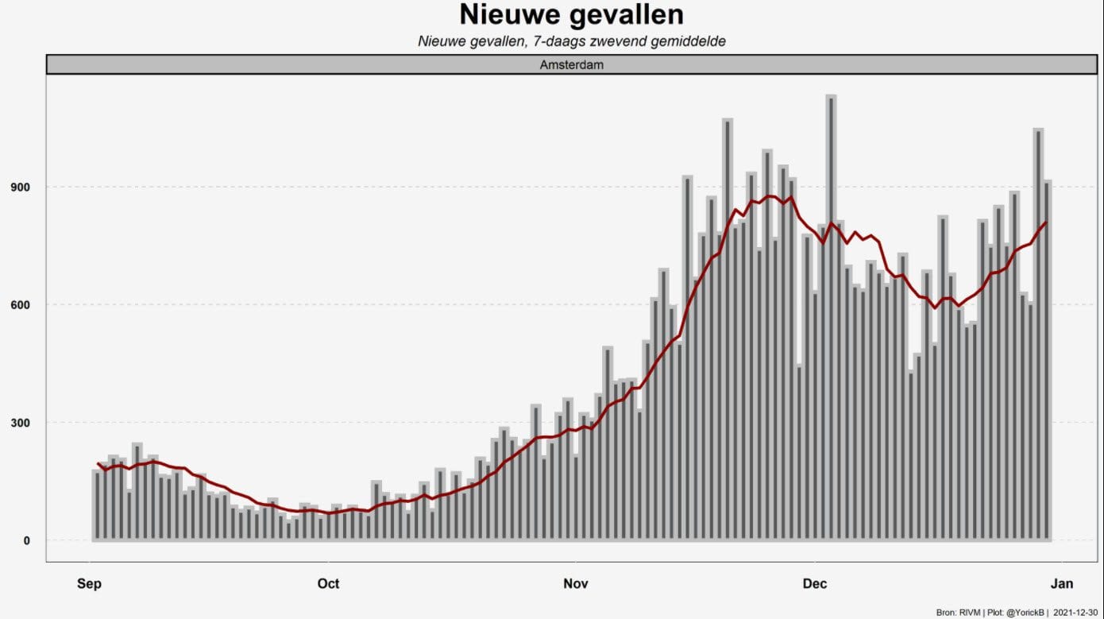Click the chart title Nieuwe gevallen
(x=572, y=15)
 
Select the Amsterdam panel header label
(x=572, y=64)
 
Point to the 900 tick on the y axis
(x=20, y=188)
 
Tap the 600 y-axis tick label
(x=20, y=305)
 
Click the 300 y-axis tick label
(x=20, y=423)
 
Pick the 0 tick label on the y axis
(x=27, y=540)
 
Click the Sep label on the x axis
(x=89, y=584)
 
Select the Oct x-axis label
(x=328, y=584)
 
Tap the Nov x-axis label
(x=576, y=584)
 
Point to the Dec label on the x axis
(x=815, y=584)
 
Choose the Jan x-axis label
(x=1062, y=584)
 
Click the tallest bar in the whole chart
(x=831, y=318)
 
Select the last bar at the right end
(x=1046, y=361)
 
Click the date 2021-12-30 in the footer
(x=1075, y=613)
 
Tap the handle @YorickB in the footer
(x=1025, y=613)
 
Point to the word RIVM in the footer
(x=970, y=613)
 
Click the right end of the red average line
(x=1046, y=222)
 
